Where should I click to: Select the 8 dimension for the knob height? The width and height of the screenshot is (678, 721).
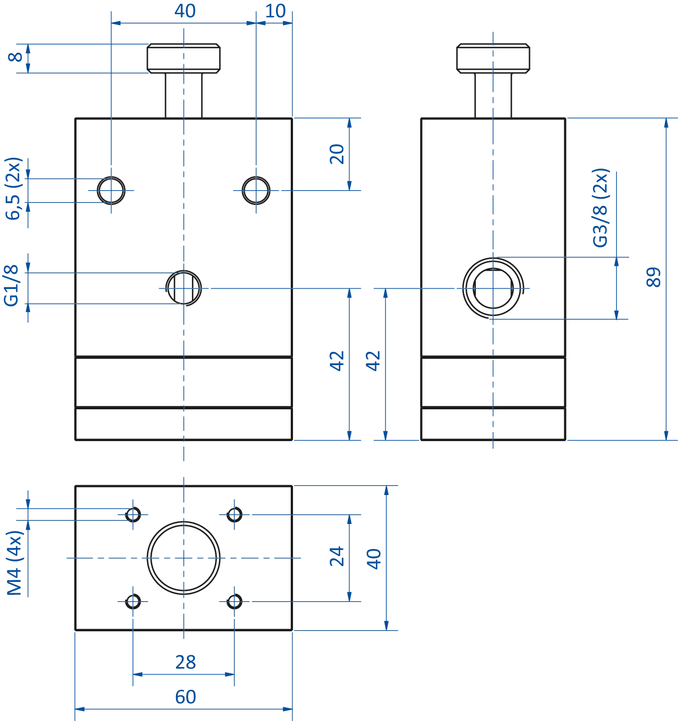pos(12,58)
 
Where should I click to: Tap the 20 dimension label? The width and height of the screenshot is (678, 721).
pos(337,154)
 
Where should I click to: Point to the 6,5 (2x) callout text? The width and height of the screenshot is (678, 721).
pos(14,188)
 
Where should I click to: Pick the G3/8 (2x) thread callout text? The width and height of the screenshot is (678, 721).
pos(600,208)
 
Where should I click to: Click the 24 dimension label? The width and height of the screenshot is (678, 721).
pos(337,556)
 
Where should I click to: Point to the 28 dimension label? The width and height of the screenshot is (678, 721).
pos(184,662)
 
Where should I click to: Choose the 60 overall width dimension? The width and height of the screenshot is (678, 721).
pos(184,696)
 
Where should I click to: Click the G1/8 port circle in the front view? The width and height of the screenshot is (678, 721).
pos(183,288)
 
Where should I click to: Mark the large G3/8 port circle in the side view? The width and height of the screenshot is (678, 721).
pos(492,287)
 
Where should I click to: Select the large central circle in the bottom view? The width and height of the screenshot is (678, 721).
pos(183,555)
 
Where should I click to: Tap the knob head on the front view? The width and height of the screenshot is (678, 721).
pos(184,58)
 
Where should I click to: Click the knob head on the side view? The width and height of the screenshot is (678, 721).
pos(492,58)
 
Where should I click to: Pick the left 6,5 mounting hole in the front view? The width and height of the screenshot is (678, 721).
pos(112,191)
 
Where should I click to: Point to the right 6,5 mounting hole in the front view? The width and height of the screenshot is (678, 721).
pos(257,191)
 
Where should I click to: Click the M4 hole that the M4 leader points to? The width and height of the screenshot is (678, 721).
pos(133,514)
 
